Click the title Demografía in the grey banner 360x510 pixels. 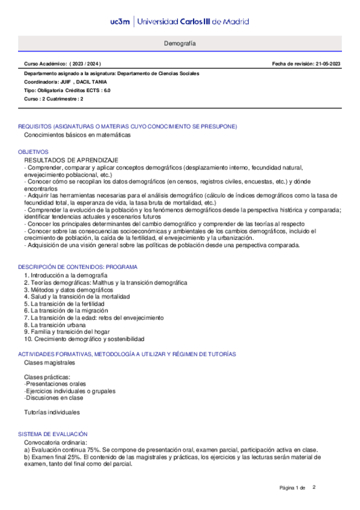tap(180, 45)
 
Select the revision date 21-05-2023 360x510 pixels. tap(328, 64)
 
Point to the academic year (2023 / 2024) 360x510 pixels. tap(87, 64)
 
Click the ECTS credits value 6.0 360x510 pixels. tap(107, 90)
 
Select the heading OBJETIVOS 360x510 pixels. tap(33, 152)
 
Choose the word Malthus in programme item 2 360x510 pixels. tap(108, 282)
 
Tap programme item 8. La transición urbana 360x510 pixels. tap(55, 325)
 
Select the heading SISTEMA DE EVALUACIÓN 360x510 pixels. tap(53, 434)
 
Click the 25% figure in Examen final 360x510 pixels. tap(80, 457)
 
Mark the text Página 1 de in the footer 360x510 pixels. tap(293, 487)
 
